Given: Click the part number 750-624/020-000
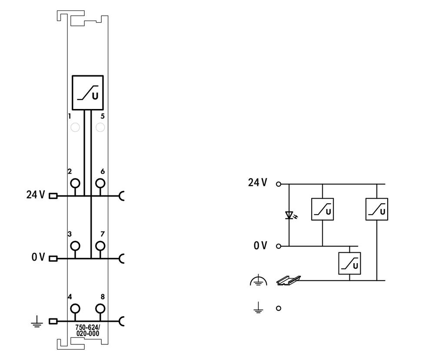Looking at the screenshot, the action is pos(88,330).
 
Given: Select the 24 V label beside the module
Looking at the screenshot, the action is pos(36,195).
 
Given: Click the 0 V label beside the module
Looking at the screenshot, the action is pos(38,257).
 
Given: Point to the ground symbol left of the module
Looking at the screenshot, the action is pos(37,321).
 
